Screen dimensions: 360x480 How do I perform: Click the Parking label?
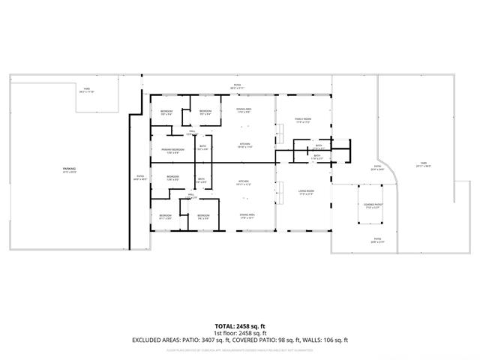(69, 169)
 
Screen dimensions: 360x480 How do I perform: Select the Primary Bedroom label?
(172, 150)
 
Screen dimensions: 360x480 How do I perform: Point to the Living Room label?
(305, 191)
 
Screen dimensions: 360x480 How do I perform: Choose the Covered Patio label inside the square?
(373, 205)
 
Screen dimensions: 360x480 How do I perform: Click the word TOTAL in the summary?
(226, 326)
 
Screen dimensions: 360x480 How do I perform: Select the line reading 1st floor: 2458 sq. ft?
(240, 334)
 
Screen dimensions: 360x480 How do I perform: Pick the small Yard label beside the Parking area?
(87, 90)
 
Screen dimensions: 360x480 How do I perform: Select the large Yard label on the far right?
(423, 164)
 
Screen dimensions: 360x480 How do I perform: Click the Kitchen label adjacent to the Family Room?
(244, 144)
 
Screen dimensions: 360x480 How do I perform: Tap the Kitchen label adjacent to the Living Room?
(243, 181)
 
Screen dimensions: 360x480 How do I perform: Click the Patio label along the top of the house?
(237, 86)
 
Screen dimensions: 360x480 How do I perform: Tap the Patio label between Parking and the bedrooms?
(138, 178)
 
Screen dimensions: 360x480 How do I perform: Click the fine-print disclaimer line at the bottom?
(240, 349)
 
